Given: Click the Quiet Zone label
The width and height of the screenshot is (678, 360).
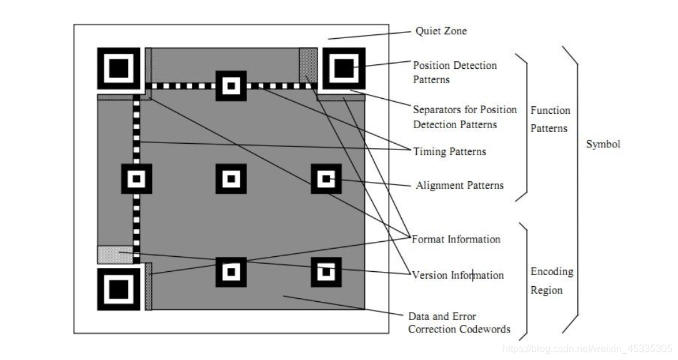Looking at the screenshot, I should point(441,31).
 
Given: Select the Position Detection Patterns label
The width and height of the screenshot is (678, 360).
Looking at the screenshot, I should point(454,72).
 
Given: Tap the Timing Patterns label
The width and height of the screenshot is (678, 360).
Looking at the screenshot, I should point(449,151).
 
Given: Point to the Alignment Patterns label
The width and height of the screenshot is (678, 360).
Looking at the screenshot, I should point(459,185).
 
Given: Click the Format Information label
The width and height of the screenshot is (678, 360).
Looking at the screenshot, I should point(456,239).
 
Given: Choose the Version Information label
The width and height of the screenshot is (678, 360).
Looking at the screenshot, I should point(457,275).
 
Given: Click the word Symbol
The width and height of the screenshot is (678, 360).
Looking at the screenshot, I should point(603,144).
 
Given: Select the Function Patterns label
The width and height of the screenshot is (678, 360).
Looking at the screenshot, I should point(550,119).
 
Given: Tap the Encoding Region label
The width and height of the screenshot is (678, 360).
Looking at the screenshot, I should point(551,281).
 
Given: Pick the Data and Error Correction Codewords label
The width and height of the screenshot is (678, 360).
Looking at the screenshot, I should point(459,322).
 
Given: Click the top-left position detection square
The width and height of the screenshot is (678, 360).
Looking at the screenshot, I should point(119,67).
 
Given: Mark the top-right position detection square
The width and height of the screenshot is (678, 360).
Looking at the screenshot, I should point(343,68).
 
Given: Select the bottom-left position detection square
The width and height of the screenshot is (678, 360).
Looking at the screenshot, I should point(118,289).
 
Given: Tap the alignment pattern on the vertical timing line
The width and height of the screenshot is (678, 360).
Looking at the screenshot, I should point(136,179).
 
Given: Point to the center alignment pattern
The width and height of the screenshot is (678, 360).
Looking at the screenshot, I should point(231,179).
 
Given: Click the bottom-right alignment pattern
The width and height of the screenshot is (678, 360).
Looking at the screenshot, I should point(326,272).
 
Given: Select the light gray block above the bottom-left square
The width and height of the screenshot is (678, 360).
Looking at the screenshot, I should point(115,254).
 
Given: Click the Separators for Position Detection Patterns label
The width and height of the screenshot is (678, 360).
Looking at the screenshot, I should point(464,117).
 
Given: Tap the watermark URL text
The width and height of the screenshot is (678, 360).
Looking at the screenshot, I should point(587,348).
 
